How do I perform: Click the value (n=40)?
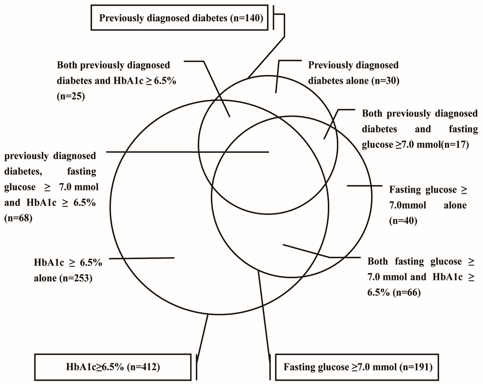point(403,220)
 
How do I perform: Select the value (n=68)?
point(18,219)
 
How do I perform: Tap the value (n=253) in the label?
point(75,278)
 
